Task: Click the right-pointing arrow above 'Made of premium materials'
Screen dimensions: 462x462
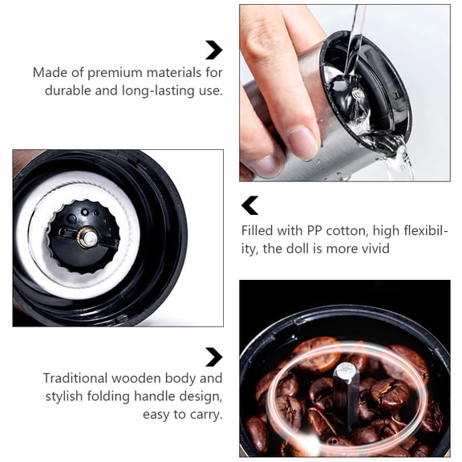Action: coord(213,50)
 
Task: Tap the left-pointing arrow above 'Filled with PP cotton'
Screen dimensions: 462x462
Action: coord(250,205)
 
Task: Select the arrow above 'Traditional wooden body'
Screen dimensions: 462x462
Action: coord(213,357)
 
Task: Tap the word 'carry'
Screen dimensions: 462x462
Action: coord(205,415)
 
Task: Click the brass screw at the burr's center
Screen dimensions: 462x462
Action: coord(89,237)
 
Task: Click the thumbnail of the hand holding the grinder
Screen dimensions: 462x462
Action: coord(344,92)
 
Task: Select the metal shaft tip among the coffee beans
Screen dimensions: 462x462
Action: coord(344,371)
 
